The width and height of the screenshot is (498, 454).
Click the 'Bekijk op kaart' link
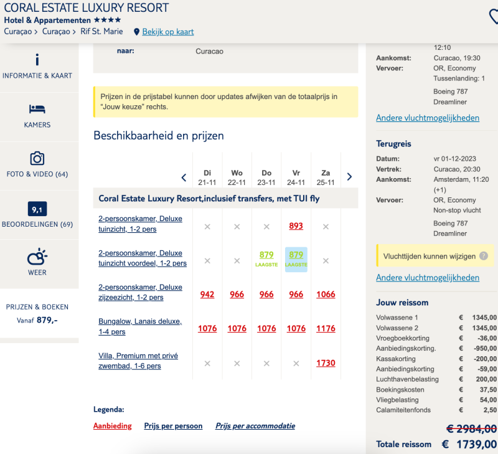coord(167,32)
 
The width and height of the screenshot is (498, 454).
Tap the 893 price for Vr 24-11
coord(296,226)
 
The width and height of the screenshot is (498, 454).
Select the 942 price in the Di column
coord(207,295)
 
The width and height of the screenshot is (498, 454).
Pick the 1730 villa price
coord(326,363)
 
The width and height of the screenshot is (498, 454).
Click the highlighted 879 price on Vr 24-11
coord(296,255)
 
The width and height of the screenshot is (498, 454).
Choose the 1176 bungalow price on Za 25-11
coord(326,328)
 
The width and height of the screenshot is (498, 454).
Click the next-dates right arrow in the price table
coord(349,177)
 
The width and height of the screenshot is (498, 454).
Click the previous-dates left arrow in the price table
coord(184,177)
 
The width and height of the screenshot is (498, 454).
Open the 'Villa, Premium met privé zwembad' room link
coord(138,361)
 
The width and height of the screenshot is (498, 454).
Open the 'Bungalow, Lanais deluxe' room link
coord(140,326)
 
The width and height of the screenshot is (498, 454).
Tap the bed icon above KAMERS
coord(37,109)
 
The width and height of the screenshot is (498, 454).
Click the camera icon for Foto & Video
coord(37,158)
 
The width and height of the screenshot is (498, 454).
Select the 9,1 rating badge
coord(37,209)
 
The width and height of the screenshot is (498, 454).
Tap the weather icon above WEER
coord(37,257)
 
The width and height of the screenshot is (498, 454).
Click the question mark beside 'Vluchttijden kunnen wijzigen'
coord(484,256)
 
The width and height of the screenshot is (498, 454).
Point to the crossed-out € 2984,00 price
coord(472,429)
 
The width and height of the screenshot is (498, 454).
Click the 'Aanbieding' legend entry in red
coord(113,426)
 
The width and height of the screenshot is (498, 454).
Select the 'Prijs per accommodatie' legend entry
coord(255,426)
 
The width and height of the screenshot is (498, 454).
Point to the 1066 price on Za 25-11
coord(326,295)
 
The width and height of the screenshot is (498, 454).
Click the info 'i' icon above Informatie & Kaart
coord(37,59)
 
